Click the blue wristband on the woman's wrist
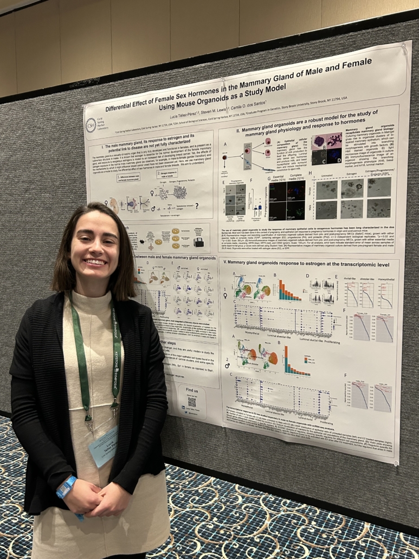pyautogui.click(x=66, y=486)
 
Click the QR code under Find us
pyautogui.click(x=191, y=402)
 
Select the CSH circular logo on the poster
pyautogui.click(x=91, y=125)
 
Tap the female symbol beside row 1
pyautogui.click(x=225, y=296)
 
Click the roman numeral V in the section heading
pyautogui.click(x=224, y=263)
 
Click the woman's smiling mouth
pyautogui.click(x=96, y=262)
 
